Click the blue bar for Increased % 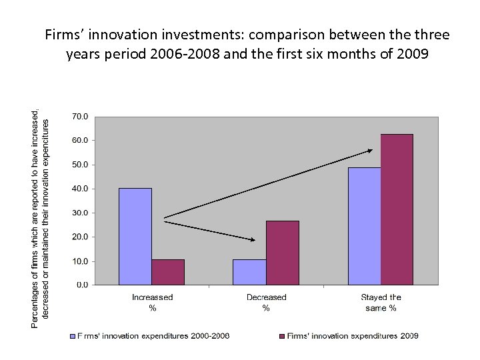click(135, 236)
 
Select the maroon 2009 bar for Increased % click(168, 272)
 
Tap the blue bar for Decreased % click(249, 272)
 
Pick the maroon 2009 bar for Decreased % click(283, 253)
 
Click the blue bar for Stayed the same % click(364, 226)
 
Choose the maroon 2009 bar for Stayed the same click(397, 209)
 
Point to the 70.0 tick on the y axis click(79, 116)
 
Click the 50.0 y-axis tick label click(79, 165)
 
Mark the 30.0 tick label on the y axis click(79, 213)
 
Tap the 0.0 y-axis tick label click(81, 285)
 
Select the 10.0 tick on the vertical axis click(79, 261)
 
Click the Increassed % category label click(152, 303)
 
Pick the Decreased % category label click(266, 303)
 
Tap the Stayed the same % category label click(381, 303)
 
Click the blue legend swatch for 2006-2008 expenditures click(73, 336)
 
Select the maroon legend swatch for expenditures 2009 click(282, 336)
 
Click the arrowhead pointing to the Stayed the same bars click(369, 151)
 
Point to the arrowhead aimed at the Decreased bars click(252, 239)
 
